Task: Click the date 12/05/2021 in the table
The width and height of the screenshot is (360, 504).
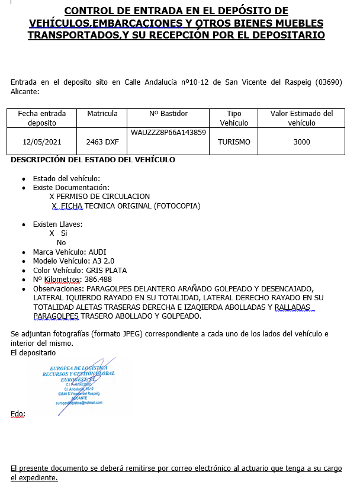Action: (x=41, y=142)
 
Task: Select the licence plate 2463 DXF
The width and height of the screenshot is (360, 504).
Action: (x=102, y=142)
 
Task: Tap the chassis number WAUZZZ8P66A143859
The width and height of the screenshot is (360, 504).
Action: (x=168, y=133)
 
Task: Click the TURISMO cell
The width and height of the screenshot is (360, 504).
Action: (x=234, y=142)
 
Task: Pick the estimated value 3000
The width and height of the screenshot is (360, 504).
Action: (x=301, y=142)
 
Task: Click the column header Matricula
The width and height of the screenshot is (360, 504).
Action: (x=102, y=114)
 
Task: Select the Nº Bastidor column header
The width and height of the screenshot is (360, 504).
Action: (x=168, y=114)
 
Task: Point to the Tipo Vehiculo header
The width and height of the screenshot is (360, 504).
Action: (x=234, y=118)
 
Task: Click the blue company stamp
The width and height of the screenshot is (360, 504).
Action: (x=79, y=386)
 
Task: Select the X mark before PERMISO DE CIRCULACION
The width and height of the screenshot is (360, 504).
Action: (x=52, y=197)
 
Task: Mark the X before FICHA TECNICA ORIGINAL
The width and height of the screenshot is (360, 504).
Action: (x=54, y=206)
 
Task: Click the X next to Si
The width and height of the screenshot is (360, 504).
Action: (x=52, y=233)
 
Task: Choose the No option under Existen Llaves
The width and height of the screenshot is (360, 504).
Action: (x=61, y=243)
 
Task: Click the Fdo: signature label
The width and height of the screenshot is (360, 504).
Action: (x=18, y=414)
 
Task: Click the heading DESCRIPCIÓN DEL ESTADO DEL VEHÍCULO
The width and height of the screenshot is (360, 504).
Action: (x=93, y=160)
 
